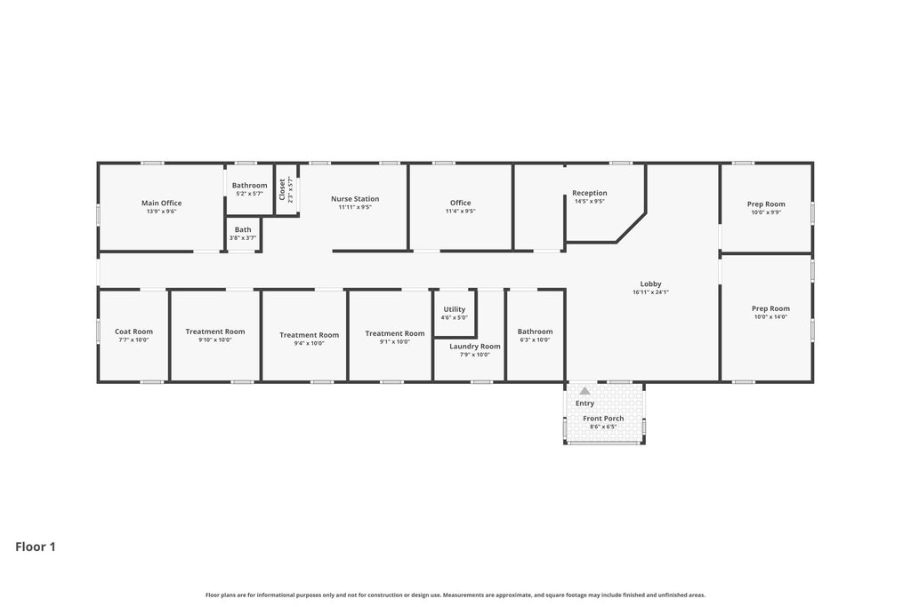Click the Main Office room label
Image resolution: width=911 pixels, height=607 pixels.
click(x=162, y=204)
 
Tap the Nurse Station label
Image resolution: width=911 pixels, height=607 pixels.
click(x=355, y=198)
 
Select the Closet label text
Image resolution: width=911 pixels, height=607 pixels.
click(x=282, y=189)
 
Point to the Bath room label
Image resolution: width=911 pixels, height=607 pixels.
click(x=243, y=230)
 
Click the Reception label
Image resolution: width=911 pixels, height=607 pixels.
click(x=590, y=193)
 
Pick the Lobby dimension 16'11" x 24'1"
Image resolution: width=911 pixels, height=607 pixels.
click(x=650, y=292)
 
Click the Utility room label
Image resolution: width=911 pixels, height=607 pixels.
click(x=455, y=309)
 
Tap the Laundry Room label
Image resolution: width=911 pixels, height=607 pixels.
click(x=475, y=347)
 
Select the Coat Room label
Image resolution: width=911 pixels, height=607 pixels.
click(x=133, y=331)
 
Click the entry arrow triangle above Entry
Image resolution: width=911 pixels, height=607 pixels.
click(x=585, y=391)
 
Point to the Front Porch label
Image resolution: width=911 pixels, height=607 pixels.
click(x=604, y=419)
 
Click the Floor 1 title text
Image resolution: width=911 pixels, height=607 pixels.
click(x=36, y=547)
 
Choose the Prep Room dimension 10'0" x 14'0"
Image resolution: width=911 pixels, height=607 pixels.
click(x=771, y=317)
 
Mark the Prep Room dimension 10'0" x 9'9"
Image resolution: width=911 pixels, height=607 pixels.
click(x=766, y=212)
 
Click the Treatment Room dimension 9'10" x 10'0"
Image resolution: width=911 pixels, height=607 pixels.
click(x=215, y=340)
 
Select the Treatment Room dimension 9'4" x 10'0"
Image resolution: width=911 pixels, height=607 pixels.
click(x=309, y=343)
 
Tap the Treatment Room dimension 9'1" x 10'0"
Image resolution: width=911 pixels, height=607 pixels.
click(x=395, y=342)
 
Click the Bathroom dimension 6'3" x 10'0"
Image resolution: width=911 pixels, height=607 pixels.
click(x=535, y=340)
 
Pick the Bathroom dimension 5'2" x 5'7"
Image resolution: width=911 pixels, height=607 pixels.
click(x=250, y=194)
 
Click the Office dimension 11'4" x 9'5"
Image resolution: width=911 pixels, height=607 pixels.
click(x=461, y=212)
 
